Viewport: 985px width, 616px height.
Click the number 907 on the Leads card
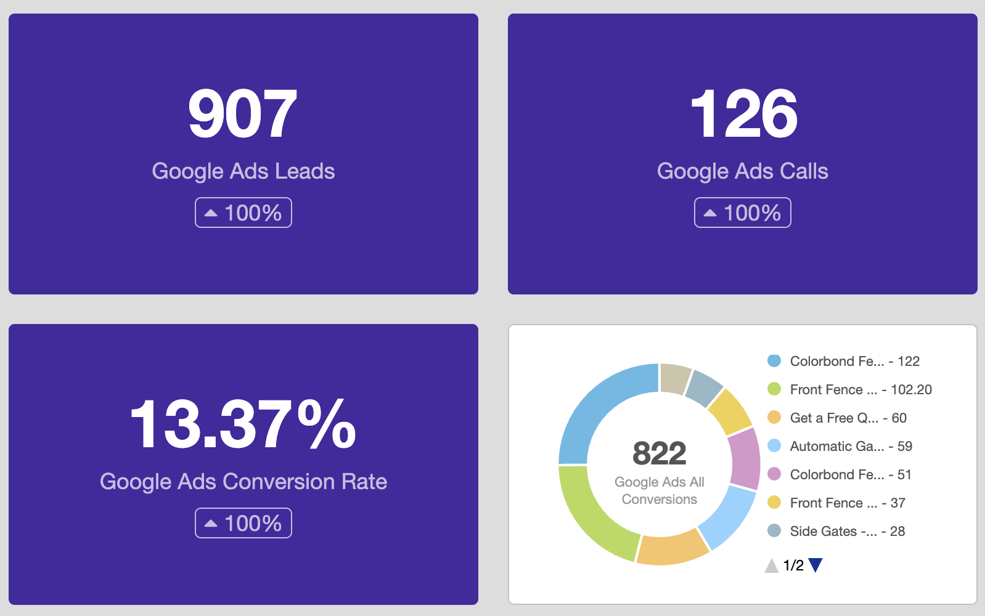(243, 114)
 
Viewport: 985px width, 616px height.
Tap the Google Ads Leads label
(243, 171)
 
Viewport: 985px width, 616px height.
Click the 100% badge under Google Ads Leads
(243, 213)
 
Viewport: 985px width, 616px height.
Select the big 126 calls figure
(743, 114)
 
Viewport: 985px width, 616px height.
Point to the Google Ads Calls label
(742, 171)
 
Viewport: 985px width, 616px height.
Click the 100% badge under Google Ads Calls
(742, 213)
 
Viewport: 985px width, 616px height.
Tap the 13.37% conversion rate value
(243, 424)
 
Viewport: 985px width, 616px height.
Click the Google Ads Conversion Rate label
(243, 482)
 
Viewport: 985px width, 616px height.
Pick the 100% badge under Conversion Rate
(243, 523)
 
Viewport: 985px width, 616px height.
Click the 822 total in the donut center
(659, 454)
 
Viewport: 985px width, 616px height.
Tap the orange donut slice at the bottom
(672, 549)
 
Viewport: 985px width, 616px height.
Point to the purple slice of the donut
(745, 459)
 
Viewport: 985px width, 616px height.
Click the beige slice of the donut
(674, 378)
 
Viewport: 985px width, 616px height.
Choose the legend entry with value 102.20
(849, 389)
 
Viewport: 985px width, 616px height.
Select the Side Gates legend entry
(836, 531)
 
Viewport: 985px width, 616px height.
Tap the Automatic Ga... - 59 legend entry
(840, 446)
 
